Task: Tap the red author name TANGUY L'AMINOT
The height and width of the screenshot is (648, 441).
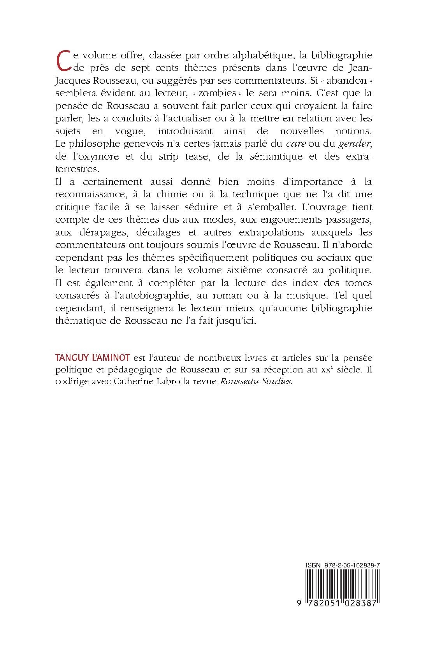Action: click(93, 357)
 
